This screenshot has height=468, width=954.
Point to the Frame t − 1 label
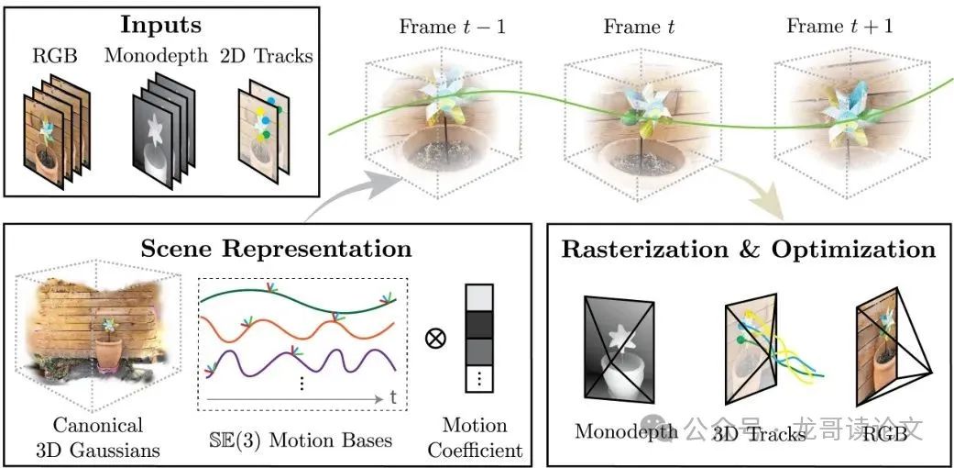(452, 25)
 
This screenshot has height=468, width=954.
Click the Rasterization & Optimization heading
(749, 249)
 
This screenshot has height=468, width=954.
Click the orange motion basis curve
(275, 326)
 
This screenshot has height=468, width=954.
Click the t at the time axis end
(392, 398)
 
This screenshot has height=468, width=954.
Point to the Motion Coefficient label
(475, 438)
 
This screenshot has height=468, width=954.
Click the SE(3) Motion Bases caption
(302, 440)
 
